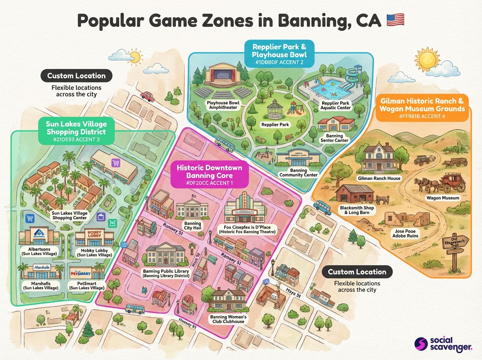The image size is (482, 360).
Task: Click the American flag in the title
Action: tap(395, 20)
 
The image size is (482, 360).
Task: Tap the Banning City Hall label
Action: tap(192, 225)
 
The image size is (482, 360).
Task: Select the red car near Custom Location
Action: tap(148, 96)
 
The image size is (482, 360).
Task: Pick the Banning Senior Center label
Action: tap(334, 138)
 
